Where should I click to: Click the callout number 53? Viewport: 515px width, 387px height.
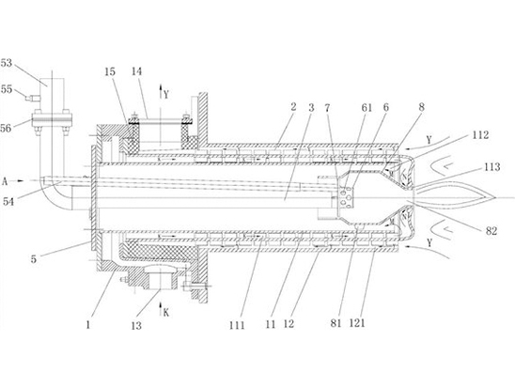point(7,63)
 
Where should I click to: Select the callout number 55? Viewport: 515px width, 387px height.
point(7,88)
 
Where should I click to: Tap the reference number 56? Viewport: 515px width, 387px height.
point(6,128)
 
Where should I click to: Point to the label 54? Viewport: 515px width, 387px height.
point(8,201)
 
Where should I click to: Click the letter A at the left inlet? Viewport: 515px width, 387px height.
point(5,181)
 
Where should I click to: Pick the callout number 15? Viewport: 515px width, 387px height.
point(110,71)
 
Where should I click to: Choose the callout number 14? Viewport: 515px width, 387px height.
point(136,71)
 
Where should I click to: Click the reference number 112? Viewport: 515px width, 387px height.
point(480,135)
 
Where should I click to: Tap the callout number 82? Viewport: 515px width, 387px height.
point(492,231)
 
